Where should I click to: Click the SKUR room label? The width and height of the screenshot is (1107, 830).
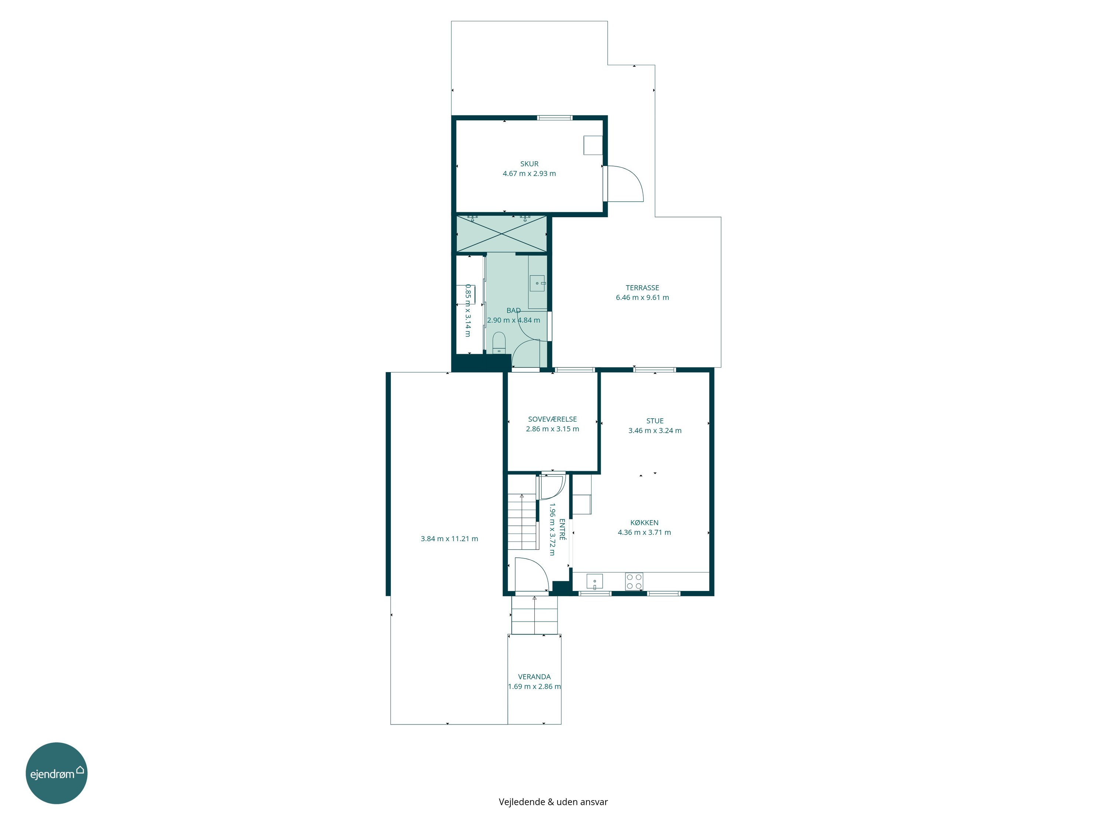click(529, 163)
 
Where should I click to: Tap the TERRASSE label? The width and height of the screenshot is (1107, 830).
click(642, 288)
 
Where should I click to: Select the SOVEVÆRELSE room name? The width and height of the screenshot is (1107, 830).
click(552, 419)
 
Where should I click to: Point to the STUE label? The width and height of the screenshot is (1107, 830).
click(655, 421)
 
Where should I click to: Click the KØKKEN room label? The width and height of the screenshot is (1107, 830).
click(644, 522)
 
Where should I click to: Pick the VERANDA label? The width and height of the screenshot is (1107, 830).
click(534, 677)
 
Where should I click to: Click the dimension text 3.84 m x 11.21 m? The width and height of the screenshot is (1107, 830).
click(449, 539)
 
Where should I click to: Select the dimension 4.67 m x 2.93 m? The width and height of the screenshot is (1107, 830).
click(529, 174)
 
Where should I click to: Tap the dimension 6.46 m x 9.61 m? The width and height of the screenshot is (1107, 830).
click(642, 297)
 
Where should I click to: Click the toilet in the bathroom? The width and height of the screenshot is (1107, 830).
click(499, 343)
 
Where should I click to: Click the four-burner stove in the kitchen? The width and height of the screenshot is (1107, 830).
click(634, 581)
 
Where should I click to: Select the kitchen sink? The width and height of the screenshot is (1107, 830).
click(594, 582)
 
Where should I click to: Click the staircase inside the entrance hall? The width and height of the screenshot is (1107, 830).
click(523, 521)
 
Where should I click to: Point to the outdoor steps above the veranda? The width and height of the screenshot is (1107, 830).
click(534, 615)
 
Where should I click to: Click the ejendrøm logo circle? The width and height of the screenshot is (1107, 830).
click(56, 773)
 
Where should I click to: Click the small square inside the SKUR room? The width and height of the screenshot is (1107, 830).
click(593, 145)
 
